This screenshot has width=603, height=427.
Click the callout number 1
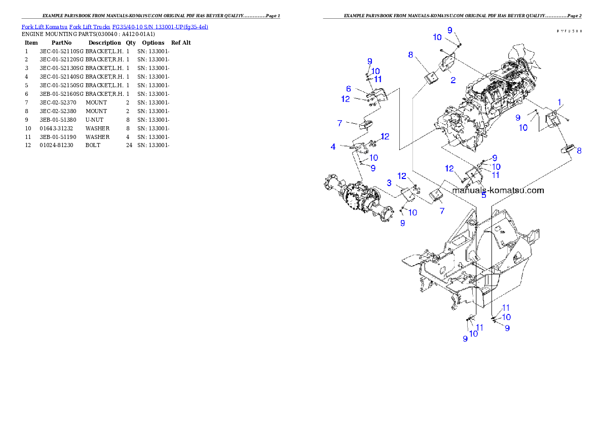coord(559,102)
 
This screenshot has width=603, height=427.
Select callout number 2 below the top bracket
coord(453,80)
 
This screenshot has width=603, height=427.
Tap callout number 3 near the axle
coord(389,183)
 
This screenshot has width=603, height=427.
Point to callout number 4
coord(333,147)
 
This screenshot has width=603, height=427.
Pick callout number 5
coord(483,195)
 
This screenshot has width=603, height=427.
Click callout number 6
coord(349,89)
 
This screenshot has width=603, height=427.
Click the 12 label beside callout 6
coord(346,99)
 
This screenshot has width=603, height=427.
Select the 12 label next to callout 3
coord(402,176)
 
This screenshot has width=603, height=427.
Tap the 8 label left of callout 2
coord(410,54)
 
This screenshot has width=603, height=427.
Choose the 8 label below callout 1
coord(579,151)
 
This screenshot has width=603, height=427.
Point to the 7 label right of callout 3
coord(442,210)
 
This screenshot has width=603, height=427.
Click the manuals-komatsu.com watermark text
coord(498,191)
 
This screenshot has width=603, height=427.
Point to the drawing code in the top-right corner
coord(569,31)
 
